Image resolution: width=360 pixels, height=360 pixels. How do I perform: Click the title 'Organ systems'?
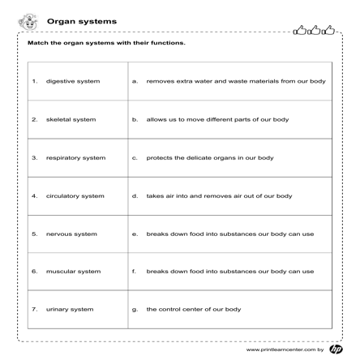click(81, 21)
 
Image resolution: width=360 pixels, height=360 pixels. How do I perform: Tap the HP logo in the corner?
click(337, 349)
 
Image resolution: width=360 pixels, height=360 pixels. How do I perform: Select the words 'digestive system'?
click(73, 81)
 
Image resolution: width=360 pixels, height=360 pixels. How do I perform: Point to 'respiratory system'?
click(75, 157)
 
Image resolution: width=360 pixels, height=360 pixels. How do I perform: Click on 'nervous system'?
click(71, 234)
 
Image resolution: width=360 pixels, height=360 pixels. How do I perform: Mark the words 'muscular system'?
click(73, 271)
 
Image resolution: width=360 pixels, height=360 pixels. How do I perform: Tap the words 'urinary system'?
click(69, 309)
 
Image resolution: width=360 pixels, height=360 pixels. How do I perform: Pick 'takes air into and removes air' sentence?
click(219, 195)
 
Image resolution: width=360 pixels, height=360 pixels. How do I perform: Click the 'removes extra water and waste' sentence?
click(235, 81)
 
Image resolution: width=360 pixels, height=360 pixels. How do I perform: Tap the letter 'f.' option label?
click(134, 271)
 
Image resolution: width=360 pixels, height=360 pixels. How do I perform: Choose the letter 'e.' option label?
click(134, 234)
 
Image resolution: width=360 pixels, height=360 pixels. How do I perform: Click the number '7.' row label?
click(34, 309)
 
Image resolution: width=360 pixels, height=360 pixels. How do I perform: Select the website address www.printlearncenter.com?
click(281, 349)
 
